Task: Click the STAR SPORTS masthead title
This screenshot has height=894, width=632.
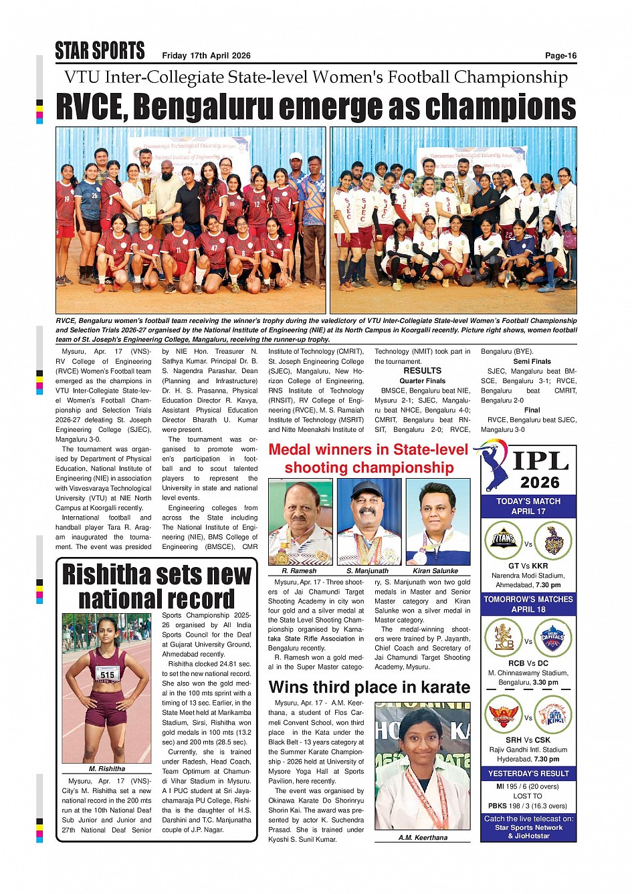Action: coord(100,51)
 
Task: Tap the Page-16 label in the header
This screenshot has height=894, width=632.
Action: coord(560,55)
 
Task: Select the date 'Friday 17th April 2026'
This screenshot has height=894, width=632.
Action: coord(206,55)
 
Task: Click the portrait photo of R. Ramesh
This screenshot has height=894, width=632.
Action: coord(300,522)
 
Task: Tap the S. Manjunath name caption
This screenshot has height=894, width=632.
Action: coord(367,571)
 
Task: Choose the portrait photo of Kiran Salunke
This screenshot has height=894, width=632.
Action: coord(437,522)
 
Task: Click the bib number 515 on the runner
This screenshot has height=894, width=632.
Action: coord(108,675)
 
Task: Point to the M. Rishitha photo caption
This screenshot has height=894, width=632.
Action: coord(107,769)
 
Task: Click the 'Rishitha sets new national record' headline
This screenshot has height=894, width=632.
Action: coord(156,586)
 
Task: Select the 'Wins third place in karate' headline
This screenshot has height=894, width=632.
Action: coord(369,687)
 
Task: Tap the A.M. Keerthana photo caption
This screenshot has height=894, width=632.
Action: coord(423,837)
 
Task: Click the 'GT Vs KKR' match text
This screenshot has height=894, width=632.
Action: coord(528,566)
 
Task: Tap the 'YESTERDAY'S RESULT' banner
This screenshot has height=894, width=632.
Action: coord(528,774)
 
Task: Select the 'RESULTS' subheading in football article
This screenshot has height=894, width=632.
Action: coord(422,370)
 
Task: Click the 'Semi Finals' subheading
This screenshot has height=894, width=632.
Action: coord(532,361)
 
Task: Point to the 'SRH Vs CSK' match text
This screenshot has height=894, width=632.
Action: coord(528,740)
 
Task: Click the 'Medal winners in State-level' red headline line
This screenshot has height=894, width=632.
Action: coord(368,450)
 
